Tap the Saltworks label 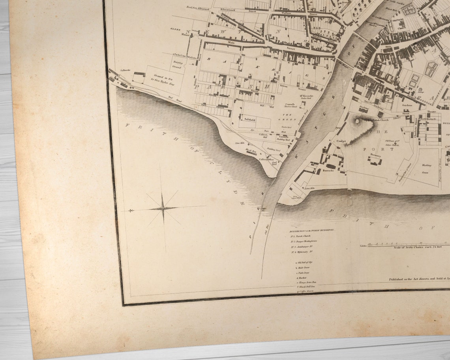[x=120, y=70]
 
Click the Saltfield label [x=250, y=119]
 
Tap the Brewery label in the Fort [x=376, y=156]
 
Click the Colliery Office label [x=266, y=159]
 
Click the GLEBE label [x=175, y=29]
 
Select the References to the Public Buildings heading [x=312, y=230]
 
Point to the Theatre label [x=431, y=112]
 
